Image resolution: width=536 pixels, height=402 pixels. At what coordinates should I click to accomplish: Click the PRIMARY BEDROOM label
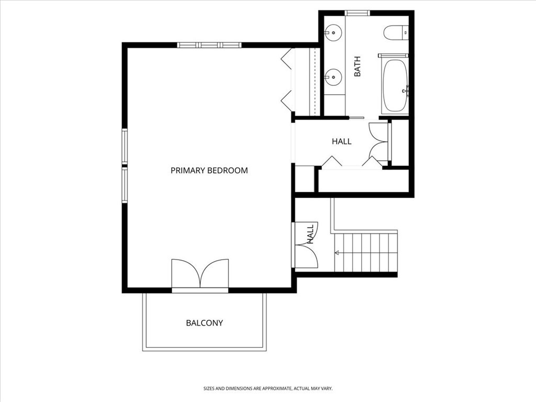point(209,170)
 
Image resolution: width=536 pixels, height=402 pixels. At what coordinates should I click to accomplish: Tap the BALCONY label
point(204,323)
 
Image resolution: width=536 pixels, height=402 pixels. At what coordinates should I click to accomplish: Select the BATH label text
point(358,66)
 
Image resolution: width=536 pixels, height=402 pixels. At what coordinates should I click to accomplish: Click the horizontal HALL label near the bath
point(341,141)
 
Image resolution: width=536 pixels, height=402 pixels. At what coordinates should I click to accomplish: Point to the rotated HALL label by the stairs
point(310,234)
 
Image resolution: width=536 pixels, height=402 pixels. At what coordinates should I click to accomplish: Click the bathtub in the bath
point(395,86)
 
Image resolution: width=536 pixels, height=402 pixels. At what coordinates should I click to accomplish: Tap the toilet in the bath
point(395,32)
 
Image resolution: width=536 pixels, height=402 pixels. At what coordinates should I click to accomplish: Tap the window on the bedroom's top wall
point(209,45)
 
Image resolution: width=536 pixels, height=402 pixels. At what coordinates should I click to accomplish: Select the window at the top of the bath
point(357,13)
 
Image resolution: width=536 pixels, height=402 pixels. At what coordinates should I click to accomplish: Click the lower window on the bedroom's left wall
point(125,185)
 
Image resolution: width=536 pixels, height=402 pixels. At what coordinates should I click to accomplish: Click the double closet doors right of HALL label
point(379,141)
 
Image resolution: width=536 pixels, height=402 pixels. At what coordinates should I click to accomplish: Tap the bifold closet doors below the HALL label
point(351,163)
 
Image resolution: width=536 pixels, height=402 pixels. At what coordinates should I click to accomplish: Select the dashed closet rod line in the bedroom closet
point(314,81)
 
